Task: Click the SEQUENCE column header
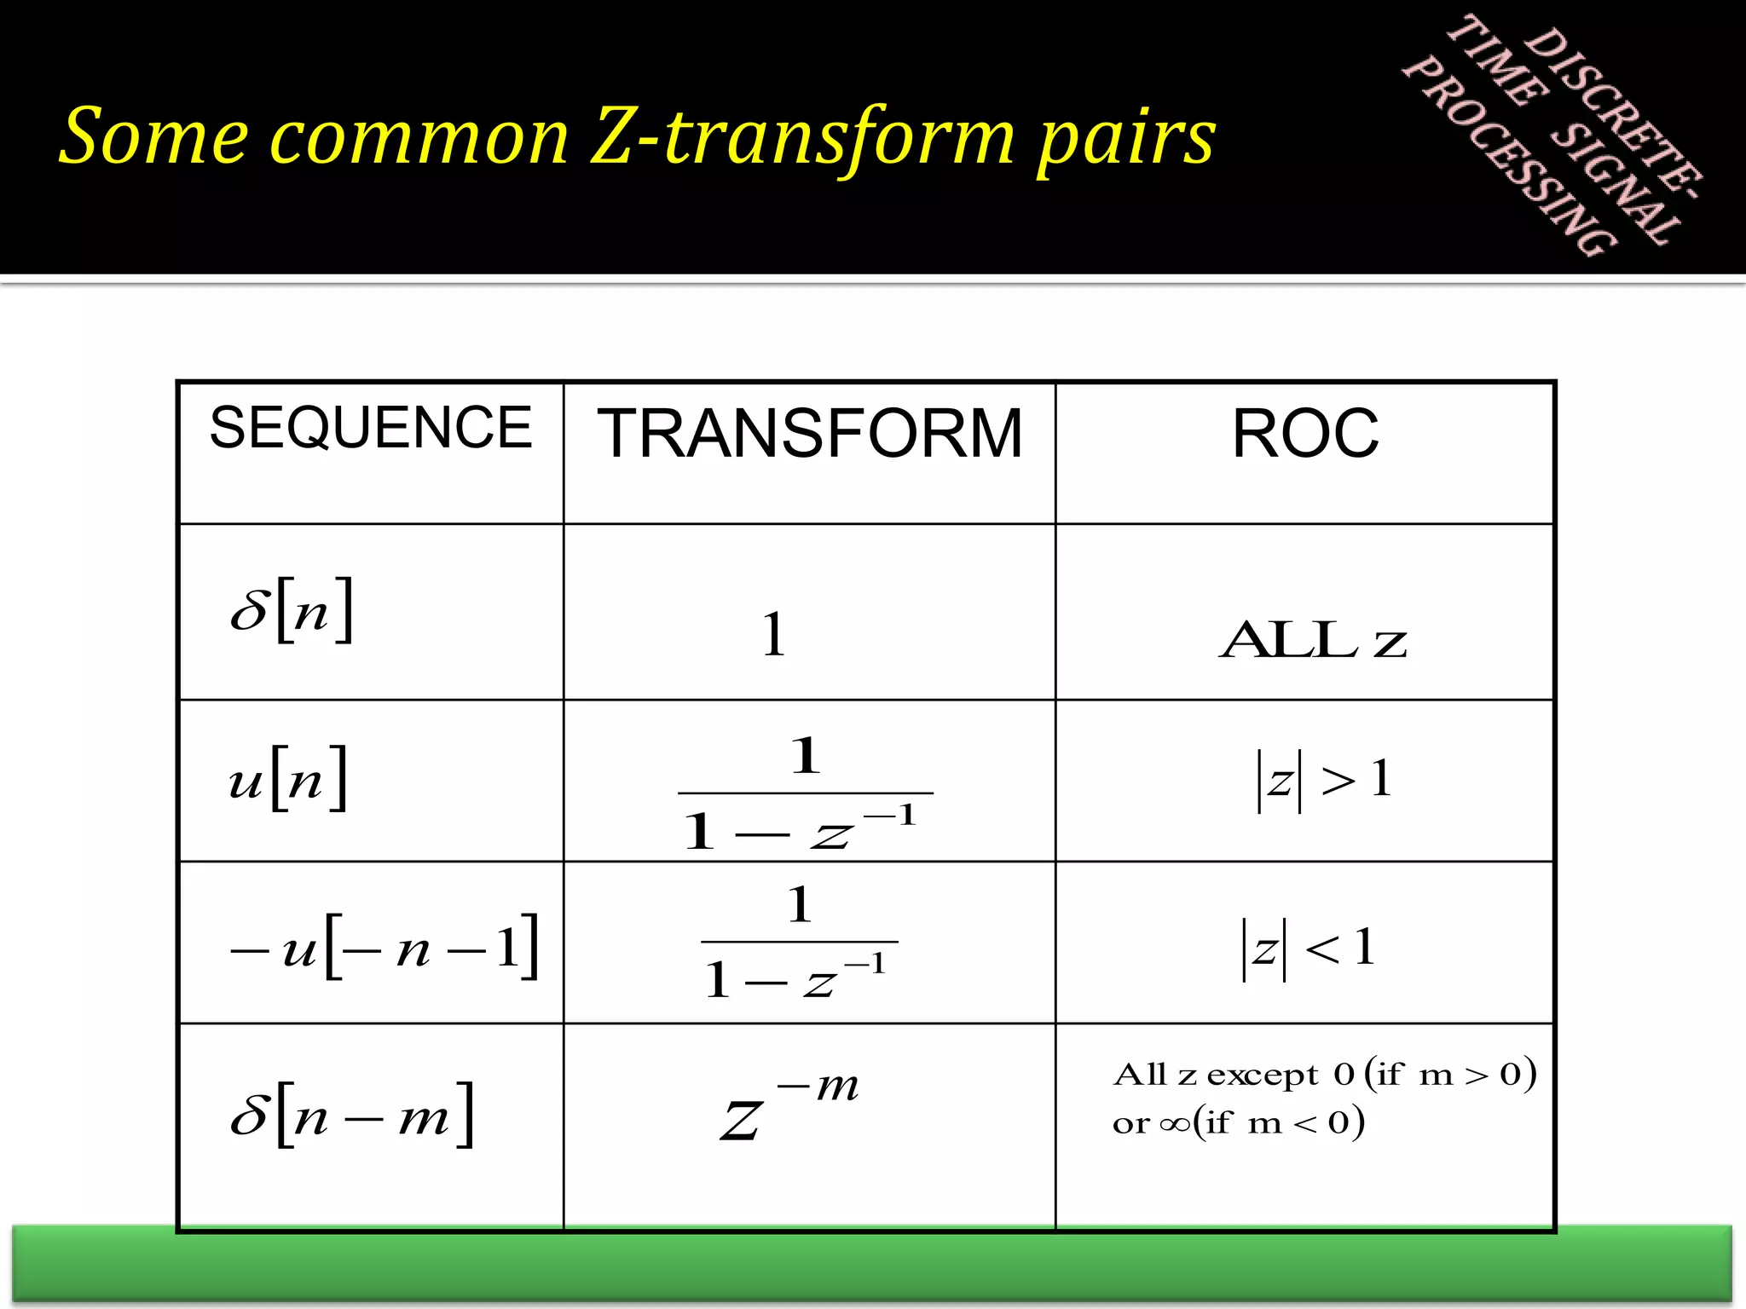click(x=370, y=428)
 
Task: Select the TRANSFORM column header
click(x=809, y=434)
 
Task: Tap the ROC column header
click(x=1304, y=434)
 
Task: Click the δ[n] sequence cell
click(x=292, y=610)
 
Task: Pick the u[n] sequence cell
click(x=288, y=779)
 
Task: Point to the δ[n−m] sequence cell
click(x=351, y=1115)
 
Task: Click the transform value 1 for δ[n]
click(x=773, y=634)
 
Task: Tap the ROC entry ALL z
click(x=1313, y=641)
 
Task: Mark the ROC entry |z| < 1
click(x=1308, y=948)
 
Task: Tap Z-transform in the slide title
click(x=801, y=138)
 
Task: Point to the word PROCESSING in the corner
click(x=1509, y=158)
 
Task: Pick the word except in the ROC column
click(x=1263, y=1075)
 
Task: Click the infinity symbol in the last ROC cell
click(x=1175, y=1124)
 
